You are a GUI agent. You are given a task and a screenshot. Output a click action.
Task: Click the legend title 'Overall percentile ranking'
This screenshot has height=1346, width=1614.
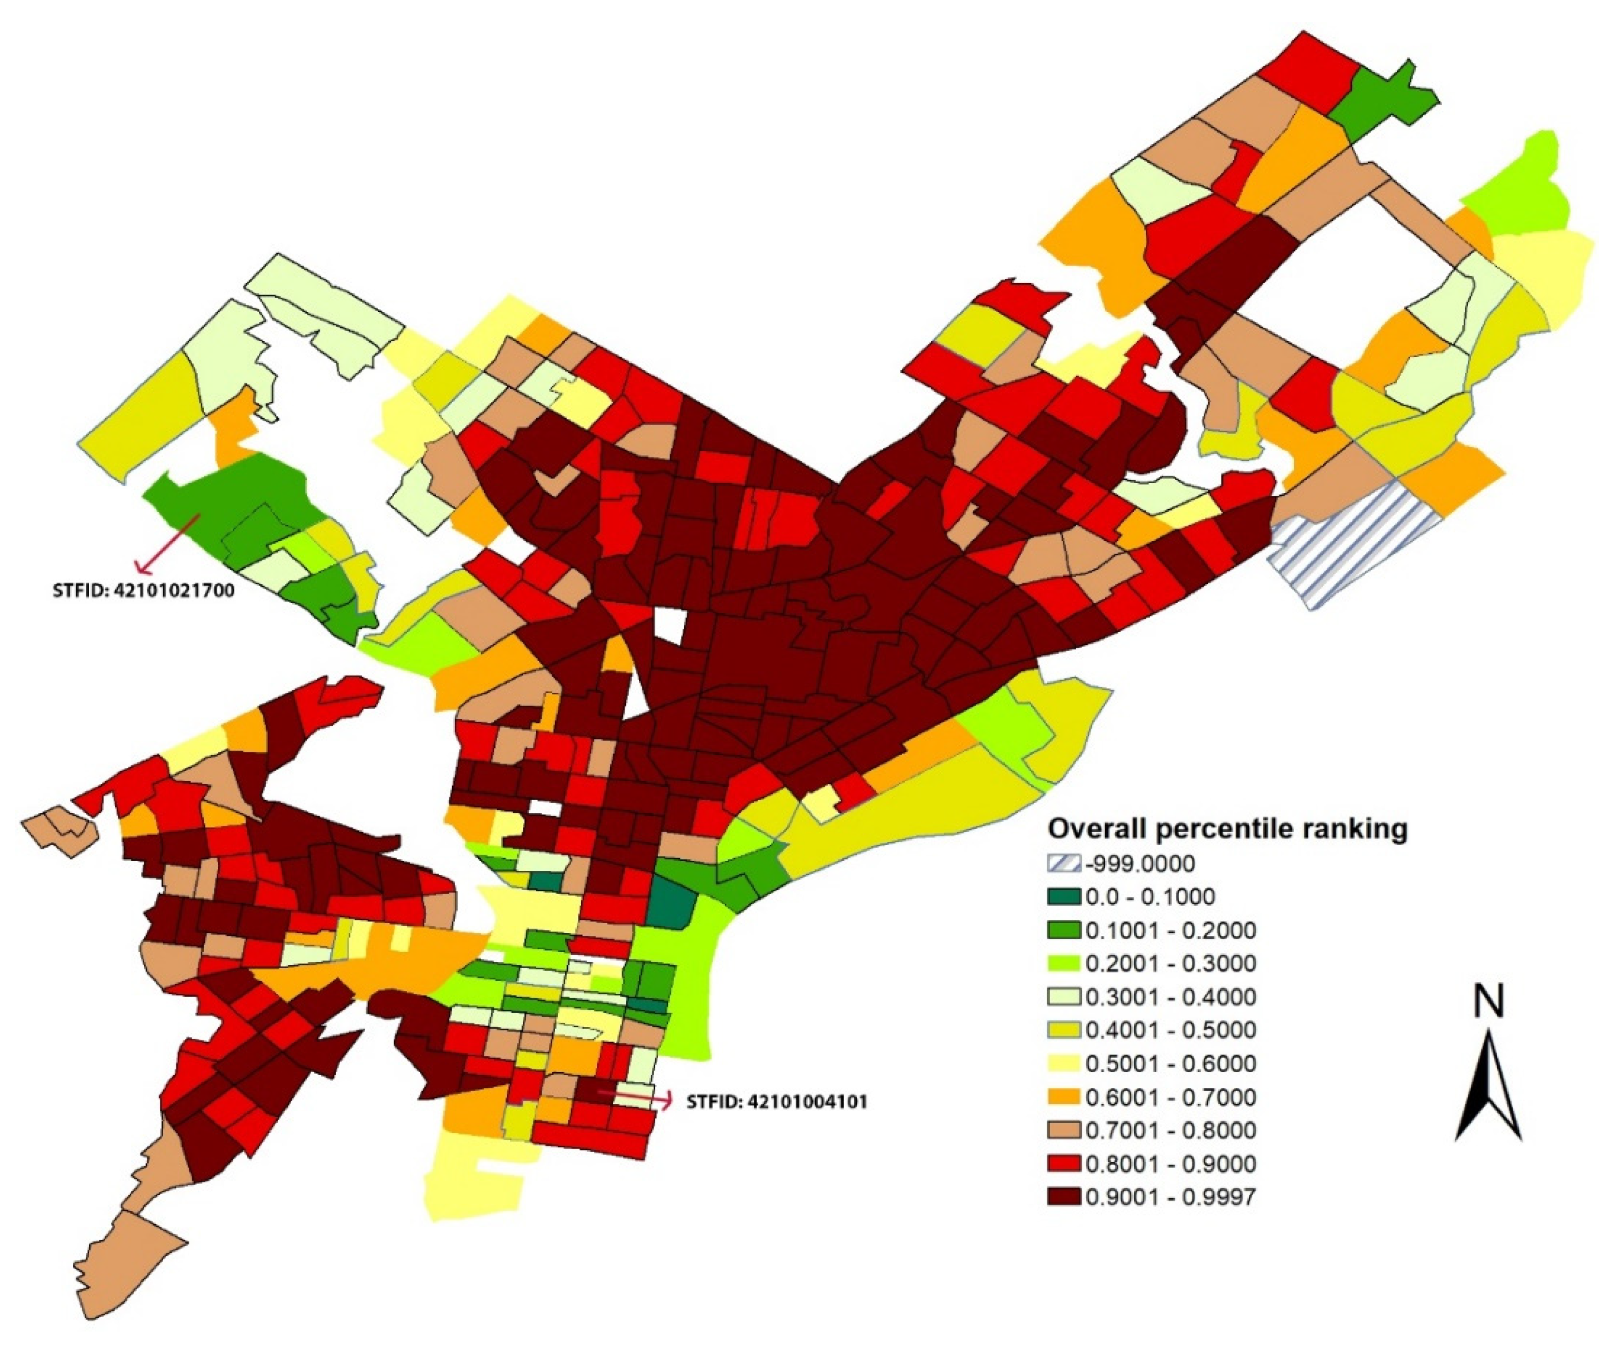coord(1228,829)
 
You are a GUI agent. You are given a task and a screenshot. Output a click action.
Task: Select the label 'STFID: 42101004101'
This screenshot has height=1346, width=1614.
coord(776,1102)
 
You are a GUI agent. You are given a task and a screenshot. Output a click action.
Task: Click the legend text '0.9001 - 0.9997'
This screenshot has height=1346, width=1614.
coord(1170,1197)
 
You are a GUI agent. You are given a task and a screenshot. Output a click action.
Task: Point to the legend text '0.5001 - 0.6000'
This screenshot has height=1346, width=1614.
coord(1170,1064)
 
